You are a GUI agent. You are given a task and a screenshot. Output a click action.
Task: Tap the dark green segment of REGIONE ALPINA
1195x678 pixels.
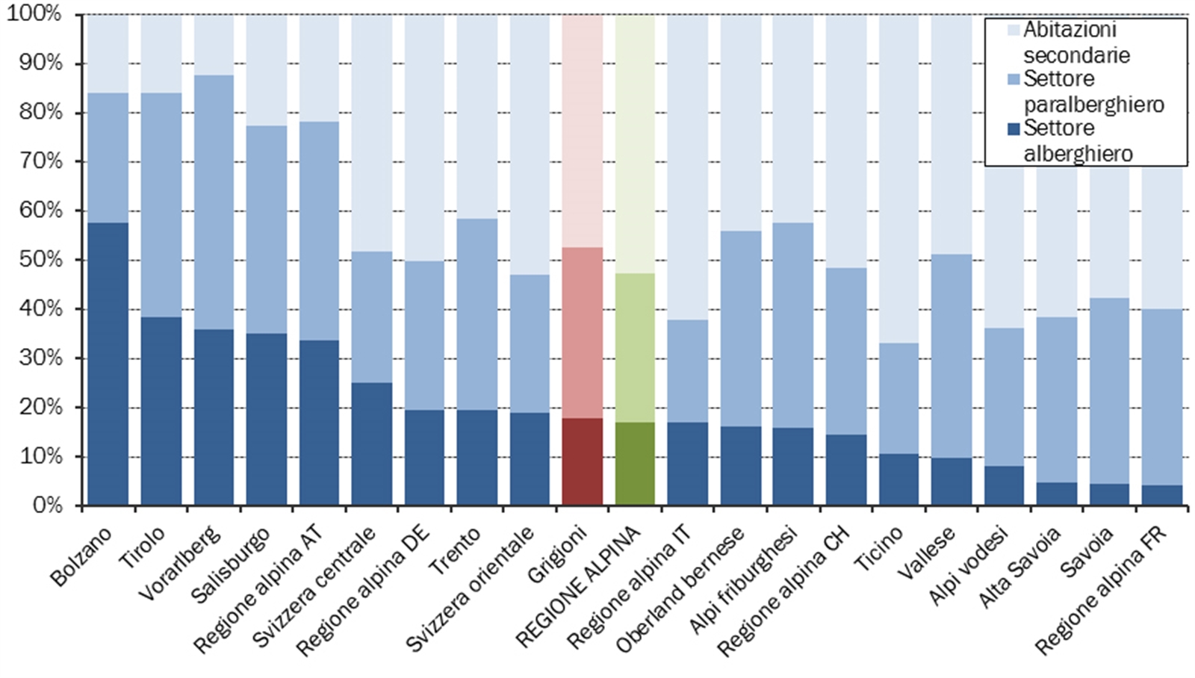tap(635, 464)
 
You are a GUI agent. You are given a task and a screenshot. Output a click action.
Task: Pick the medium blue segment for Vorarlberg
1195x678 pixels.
tap(214, 202)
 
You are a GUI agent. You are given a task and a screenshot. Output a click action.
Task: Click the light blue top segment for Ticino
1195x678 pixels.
tap(898, 179)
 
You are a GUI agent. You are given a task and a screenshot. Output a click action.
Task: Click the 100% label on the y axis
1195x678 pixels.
tap(34, 14)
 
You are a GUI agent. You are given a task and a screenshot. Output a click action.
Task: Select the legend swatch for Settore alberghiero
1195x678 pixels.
tap(1014, 129)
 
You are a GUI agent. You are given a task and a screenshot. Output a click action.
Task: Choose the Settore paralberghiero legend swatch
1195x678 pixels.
tap(1014, 79)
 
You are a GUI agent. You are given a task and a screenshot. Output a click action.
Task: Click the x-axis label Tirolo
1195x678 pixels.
tap(142, 547)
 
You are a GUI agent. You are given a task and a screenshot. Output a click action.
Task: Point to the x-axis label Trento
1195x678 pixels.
tap(455, 550)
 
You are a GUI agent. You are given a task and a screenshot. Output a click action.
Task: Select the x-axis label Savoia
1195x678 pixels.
tap(1087, 551)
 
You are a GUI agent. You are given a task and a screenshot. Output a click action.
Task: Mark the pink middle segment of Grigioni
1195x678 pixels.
tap(582, 332)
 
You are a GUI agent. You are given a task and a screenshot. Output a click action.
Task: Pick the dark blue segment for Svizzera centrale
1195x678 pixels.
tap(371, 444)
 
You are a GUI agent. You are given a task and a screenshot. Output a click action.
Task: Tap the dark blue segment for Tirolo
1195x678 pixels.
tap(161, 411)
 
